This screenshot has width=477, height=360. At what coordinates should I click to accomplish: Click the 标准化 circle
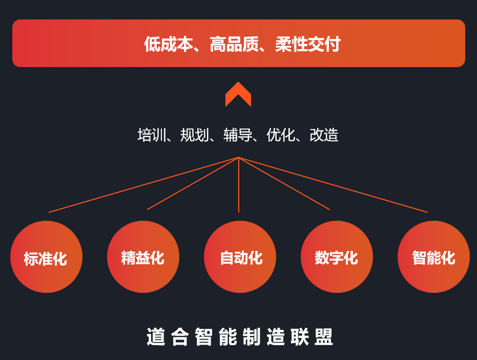pyautogui.click(x=46, y=257)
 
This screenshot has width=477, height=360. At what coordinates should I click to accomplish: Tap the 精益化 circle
pyautogui.click(x=143, y=257)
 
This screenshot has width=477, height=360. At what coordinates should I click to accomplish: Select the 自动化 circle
pyautogui.click(x=240, y=257)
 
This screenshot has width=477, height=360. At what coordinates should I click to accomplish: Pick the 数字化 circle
pyautogui.click(x=337, y=257)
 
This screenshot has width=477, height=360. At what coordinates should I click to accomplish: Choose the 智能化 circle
pyautogui.click(x=433, y=257)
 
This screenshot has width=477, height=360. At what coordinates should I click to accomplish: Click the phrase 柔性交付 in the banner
pyautogui.click(x=308, y=44)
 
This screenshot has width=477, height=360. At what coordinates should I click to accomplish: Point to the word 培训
pyautogui.click(x=152, y=135)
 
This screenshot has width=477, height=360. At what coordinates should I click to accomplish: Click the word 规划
pyautogui.click(x=195, y=135)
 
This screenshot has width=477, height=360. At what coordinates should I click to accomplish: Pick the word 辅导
pyautogui.click(x=238, y=135)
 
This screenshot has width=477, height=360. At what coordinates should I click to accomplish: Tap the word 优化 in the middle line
pyautogui.click(x=281, y=135)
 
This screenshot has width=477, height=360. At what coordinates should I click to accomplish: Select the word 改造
pyautogui.click(x=324, y=135)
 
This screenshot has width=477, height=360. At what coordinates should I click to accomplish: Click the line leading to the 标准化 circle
pyautogui.click(x=143, y=184)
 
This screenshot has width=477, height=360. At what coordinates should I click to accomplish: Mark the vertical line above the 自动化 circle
pyautogui.click(x=239, y=184)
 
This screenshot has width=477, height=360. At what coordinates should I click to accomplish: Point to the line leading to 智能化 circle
pyautogui.click(x=333, y=184)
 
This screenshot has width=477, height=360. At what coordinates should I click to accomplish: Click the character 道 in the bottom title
pyautogui.click(x=156, y=337)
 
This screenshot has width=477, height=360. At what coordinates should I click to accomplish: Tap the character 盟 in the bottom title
pyautogui.click(x=324, y=337)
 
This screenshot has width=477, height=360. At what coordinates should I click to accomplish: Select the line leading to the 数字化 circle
pyautogui.click(x=284, y=183)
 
